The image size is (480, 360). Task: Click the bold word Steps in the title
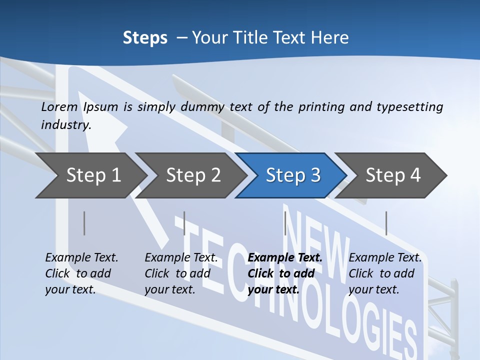click(145, 38)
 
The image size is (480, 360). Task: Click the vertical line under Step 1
click(84, 223)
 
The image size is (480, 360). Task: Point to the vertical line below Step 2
click(184, 223)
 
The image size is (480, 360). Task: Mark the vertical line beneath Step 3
click(285, 223)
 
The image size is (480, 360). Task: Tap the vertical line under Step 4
click(386, 223)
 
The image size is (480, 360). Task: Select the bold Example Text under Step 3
click(285, 258)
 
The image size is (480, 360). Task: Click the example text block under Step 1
click(81, 273)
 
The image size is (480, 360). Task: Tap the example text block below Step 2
click(181, 273)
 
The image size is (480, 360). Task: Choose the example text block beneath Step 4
click(384, 273)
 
